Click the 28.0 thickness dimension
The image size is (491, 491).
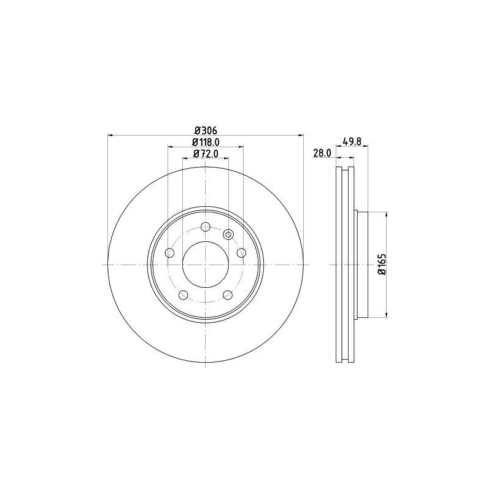(322, 153)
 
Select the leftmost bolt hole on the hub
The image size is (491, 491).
(169, 253)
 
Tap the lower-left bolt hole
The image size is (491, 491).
(183, 295)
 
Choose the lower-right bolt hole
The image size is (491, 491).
(228, 295)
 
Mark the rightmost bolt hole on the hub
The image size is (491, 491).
(241, 253)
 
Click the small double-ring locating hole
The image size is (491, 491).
(228, 233)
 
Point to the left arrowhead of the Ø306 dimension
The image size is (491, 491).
(110, 135)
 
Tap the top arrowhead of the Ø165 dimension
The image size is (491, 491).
(386, 215)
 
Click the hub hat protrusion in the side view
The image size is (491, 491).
(361, 265)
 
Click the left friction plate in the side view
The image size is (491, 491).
(338, 265)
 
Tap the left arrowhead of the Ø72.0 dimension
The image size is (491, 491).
(185, 158)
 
